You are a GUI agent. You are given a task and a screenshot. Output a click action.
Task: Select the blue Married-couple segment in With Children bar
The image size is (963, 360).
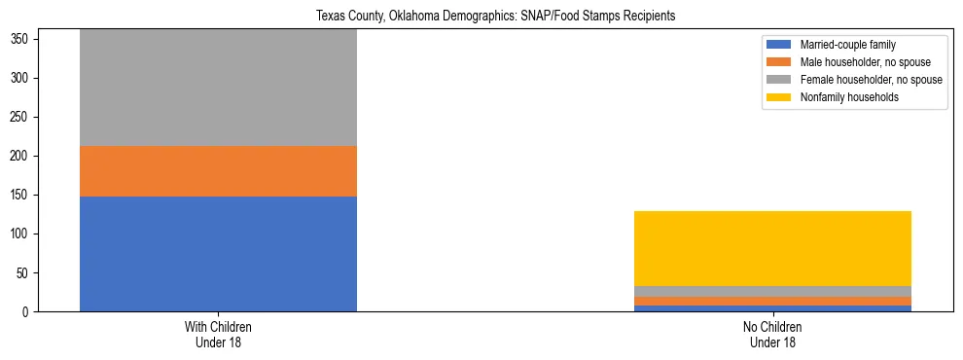pos(218,254)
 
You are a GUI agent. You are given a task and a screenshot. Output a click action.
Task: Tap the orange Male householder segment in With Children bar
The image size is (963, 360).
pos(218,171)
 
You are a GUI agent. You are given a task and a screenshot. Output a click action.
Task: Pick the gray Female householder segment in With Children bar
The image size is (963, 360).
pos(218,88)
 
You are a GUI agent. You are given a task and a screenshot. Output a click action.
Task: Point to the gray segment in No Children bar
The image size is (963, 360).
pos(772,291)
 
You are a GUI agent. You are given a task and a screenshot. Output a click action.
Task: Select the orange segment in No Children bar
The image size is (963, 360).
pos(772,301)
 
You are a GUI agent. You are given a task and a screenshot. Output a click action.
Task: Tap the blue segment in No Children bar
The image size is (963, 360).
pos(772,308)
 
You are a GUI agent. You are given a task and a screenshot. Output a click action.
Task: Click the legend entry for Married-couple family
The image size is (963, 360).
pos(847,45)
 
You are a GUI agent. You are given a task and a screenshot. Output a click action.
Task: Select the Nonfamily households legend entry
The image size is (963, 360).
pos(849,97)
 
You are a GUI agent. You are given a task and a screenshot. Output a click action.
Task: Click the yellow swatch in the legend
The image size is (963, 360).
pos(780,97)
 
